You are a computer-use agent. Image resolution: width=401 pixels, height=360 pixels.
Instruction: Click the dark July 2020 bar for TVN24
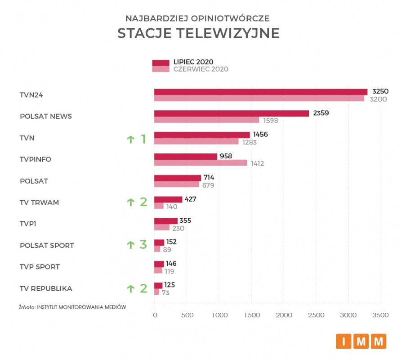pyautogui.click(x=261, y=92)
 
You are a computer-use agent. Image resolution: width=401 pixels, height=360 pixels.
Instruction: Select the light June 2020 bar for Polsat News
pyautogui.click(x=207, y=120)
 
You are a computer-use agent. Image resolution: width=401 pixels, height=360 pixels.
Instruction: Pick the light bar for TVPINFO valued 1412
pyautogui.click(x=200, y=163)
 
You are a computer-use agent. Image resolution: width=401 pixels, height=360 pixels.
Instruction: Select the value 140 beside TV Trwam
pyautogui.click(x=171, y=207)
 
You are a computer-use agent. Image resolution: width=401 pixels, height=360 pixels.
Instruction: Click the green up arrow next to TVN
pyautogui.click(x=130, y=139)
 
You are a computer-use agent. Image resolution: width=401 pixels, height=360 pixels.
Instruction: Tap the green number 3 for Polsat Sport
pyautogui.click(x=143, y=245)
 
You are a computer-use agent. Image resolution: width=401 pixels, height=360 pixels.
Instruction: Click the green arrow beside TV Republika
pyautogui.click(x=130, y=288)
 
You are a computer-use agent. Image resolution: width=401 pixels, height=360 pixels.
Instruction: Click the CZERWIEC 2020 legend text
pyautogui.click(x=201, y=69)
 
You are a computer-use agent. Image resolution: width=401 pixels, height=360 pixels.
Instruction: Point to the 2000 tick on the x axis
pyautogui.click(x=284, y=315)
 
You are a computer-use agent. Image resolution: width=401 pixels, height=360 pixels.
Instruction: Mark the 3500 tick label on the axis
pyautogui.click(x=381, y=315)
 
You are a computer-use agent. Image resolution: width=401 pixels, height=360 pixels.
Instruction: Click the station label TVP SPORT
pyautogui.click(x=40, y=267)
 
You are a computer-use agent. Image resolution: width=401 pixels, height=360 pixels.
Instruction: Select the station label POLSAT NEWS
pyautogui.click(x=46, y=117)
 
